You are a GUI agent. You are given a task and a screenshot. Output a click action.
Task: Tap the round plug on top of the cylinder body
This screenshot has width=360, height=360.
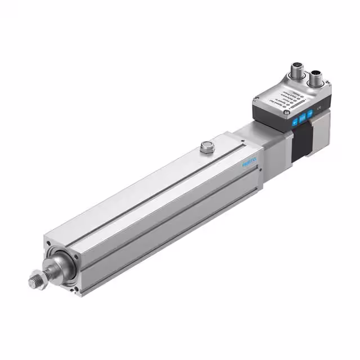point(206,147)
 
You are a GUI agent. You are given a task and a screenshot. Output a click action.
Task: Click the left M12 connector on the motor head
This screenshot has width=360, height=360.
point(296,72)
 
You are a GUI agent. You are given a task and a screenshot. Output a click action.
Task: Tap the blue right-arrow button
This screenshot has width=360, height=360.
point(309,114)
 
